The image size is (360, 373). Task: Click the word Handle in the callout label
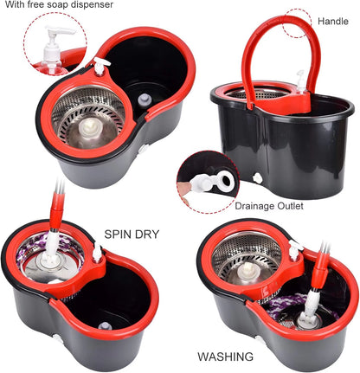coord(333,20)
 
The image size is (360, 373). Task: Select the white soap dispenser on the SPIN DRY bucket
coord(98,253)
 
